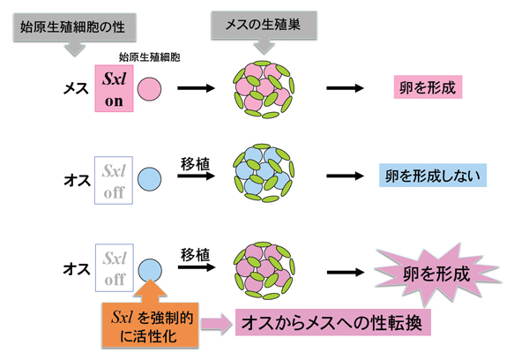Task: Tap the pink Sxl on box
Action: pyautogui.click(x=115, y=88)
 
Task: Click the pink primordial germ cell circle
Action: pyautogui.click(x=151, y=88)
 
